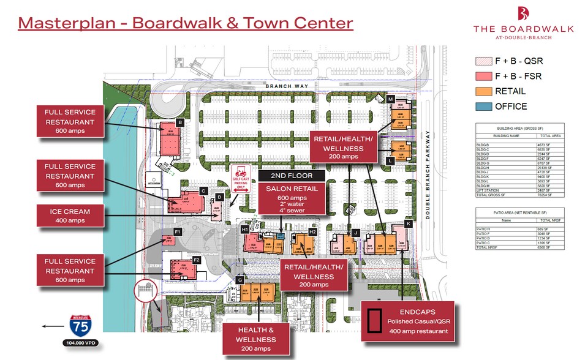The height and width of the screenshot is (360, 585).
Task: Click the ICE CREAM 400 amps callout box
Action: click(x=70, y=216)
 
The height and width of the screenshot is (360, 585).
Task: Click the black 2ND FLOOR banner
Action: click(x=292, y=175)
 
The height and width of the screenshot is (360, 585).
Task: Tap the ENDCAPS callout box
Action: click(x=409, y=320)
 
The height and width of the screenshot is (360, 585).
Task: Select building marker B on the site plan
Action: click(x=180, y=122)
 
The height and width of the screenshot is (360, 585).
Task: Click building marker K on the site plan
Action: click(x=409, y=224)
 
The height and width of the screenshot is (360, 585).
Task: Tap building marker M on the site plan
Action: click(x=390, y=99)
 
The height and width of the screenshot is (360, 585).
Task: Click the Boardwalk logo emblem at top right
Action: click(x=523, y=13)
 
